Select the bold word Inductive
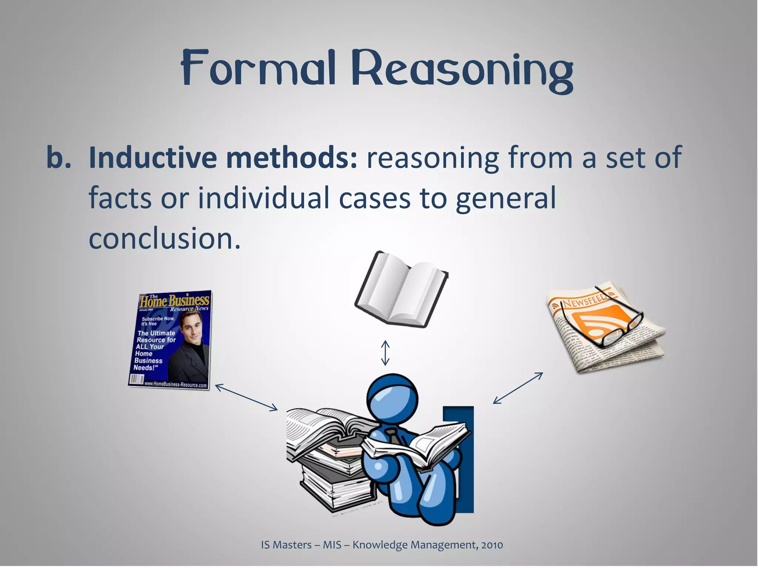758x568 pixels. [153, 158]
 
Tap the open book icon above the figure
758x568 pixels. [401, 290]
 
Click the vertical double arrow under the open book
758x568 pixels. [385, 353]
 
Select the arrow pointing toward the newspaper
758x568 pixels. [518, 388]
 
